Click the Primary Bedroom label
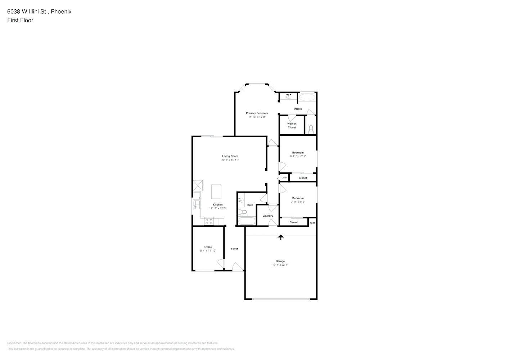pyautogui.click(x=257, y=113)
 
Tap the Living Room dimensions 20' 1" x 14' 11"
pyautogui.click(x=230, y=160)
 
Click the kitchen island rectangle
pyautogui.click(x=216, y=192)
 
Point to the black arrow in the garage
pyautogui.click(x=281, y=237)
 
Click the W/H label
pyautogui.click(x=312, y=223)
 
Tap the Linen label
pyautogui.click(x=284, y=177)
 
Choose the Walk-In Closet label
pyautogui.click(x=292, y=125)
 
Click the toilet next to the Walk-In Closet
pyautogui.click(x=311, y=130)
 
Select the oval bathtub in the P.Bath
pyautogui.click(x=307, y=98)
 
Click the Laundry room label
pyautogui.click(x=268, y=216)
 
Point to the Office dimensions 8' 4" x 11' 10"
pyautogui.click(x=208, y=251)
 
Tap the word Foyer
pyautogui.click(x=234, y=249)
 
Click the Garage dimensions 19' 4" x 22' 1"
pyautogui.click(x=280, y=265)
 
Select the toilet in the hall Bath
pyautogui.click(x=243, y=212)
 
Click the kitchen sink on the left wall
pyautogui.click(x=196, y=205)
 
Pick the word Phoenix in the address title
pyautogui.click(x=61, y=12)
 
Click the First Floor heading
pyautogui.click(x=20, y=20)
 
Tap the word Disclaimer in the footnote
pyautogui.click(x=14, y=343)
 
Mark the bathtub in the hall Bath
pyautogui.click(x=247, y=221)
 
